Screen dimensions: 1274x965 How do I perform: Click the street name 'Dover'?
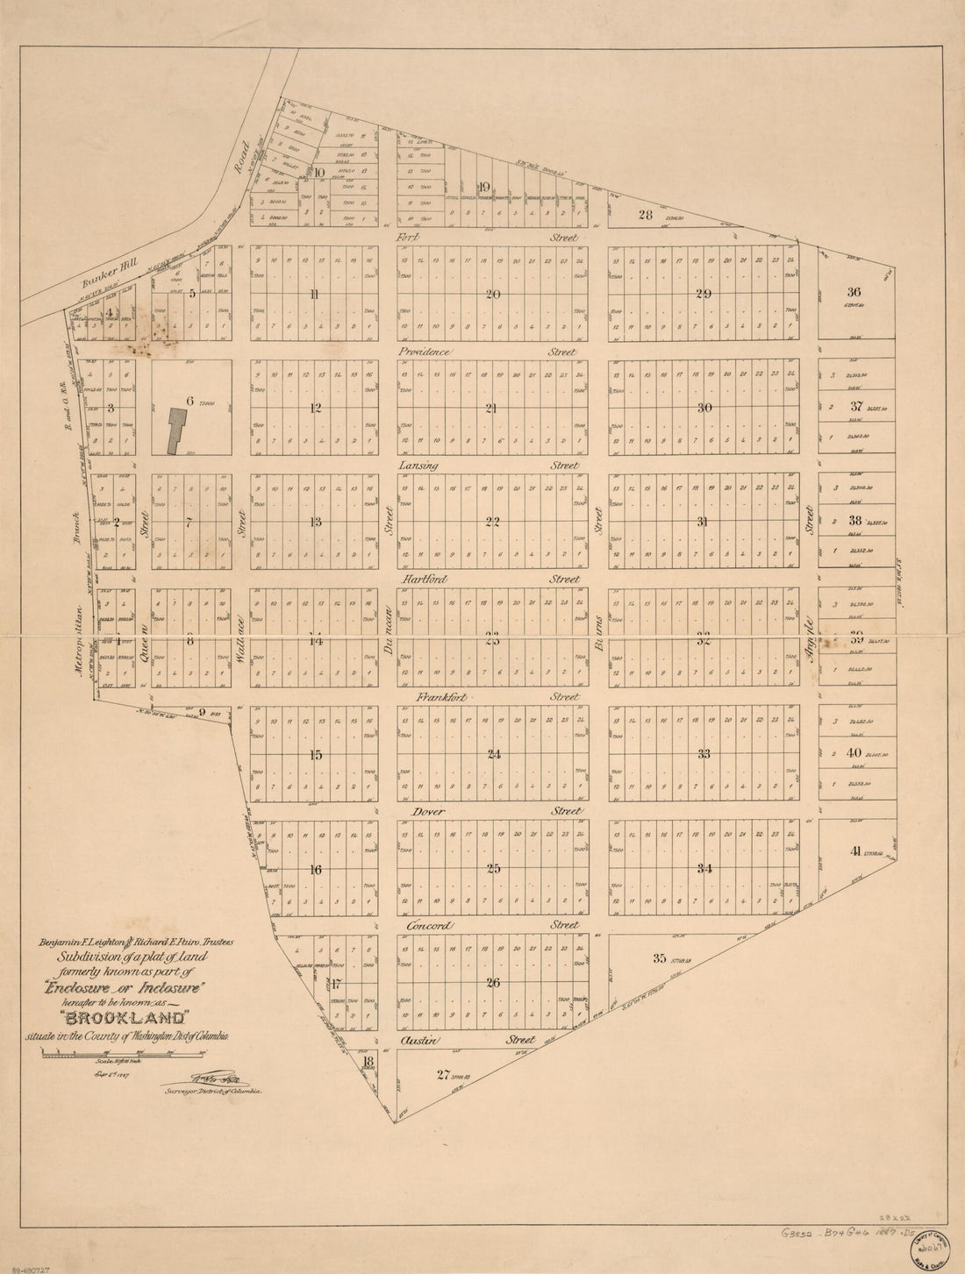tap(421, 811)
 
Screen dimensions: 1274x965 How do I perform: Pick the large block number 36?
tap(855, 292)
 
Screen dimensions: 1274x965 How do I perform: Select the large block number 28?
tap(647, 215)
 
